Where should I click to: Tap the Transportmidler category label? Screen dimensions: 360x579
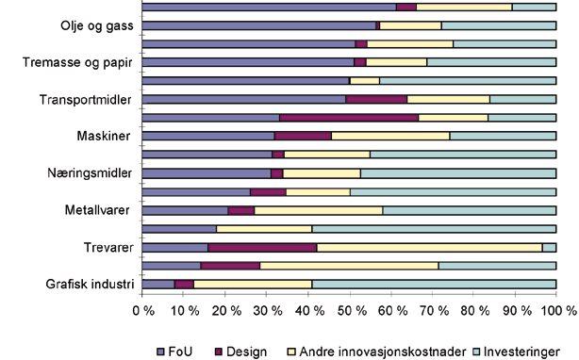click(88, 99)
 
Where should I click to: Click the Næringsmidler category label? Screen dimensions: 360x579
click(91, 173)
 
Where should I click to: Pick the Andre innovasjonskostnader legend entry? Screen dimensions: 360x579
click(358, 351)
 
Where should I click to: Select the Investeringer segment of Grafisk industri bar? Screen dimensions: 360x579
click(434, 284)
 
